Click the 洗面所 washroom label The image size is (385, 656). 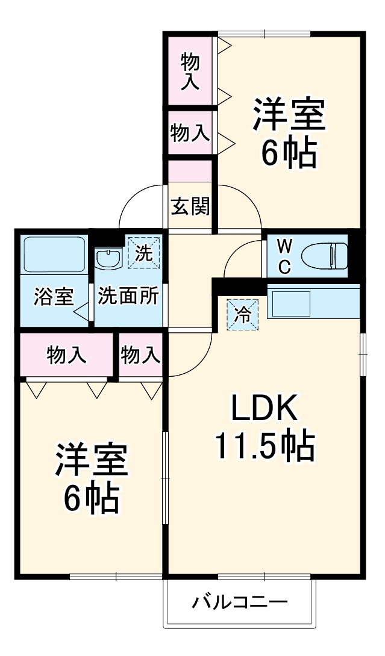click(128, 296)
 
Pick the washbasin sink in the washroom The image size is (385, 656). click(108, 259)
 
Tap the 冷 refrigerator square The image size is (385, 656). click(242, 315)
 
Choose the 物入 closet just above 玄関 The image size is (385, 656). click(190, 132)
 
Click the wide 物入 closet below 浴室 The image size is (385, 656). click(67, 356)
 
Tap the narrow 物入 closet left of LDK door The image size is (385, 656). click(140, 356)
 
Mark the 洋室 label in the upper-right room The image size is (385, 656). click(289, 115)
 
